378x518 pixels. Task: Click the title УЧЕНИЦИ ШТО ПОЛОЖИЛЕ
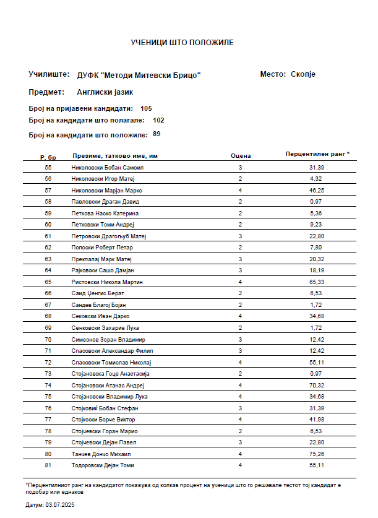(x=183, y=43)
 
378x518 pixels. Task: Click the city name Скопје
(x=303, y=74)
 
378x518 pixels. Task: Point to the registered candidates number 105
(x=146, y=108)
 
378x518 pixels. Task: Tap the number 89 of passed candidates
(x=157, y=134)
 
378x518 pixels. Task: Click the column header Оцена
(x=240, y=157)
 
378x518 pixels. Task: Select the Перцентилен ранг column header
(x=317, y=153)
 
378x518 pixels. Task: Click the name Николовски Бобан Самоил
(x=108, y=168)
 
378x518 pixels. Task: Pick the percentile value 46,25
(x=317, y=191)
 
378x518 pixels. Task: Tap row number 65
(x=48, y=282)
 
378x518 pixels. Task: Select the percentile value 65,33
(x=317, y=282)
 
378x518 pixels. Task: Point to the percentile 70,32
(x=317, y=385)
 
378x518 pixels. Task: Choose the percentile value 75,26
(x=317, y=454)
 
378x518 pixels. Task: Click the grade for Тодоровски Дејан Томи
(x=240, y=465)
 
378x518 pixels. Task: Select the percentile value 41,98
(x=317, y=420)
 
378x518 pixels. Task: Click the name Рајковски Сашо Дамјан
(x=103, y=270)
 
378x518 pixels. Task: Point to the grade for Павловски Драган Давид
(x=240, y=202)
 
